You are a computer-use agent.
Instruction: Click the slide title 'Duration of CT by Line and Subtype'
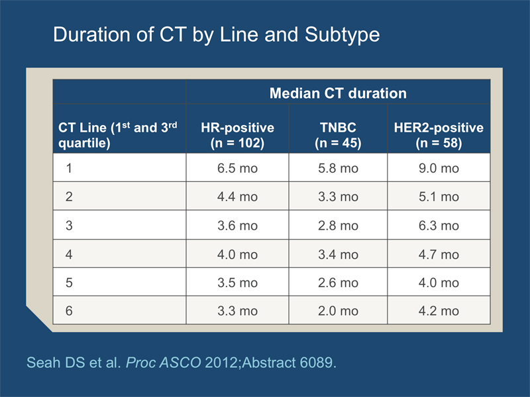pos(217,35)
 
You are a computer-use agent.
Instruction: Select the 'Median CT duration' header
pos(338,93)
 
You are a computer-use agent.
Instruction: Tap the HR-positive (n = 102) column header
pos(237,135)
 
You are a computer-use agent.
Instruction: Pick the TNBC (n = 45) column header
pos(338,135)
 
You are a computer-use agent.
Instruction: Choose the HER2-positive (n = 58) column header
pos(439,135)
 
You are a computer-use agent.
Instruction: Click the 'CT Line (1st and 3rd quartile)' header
pos(118,135)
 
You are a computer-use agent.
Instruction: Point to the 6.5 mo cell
pos(237,168)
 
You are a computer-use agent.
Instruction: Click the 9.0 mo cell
pos(439,168)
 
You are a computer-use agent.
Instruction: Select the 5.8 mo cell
pos(338,168)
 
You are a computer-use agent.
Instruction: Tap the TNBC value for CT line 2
pos(338,197)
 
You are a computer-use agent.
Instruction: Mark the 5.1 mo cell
pos(439,197)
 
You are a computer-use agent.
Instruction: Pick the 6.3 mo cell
pos(439,226)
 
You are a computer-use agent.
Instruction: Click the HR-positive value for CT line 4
pos(237,254)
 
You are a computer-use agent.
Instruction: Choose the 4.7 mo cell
pos(439,254)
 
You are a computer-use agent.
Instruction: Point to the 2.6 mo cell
pos(338,283)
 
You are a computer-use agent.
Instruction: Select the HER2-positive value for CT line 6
pos(439,311)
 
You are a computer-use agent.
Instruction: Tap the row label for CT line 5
pos(69,283)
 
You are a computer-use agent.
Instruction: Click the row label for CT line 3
pos(69,226)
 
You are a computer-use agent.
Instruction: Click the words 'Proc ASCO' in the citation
pos(163,363)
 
